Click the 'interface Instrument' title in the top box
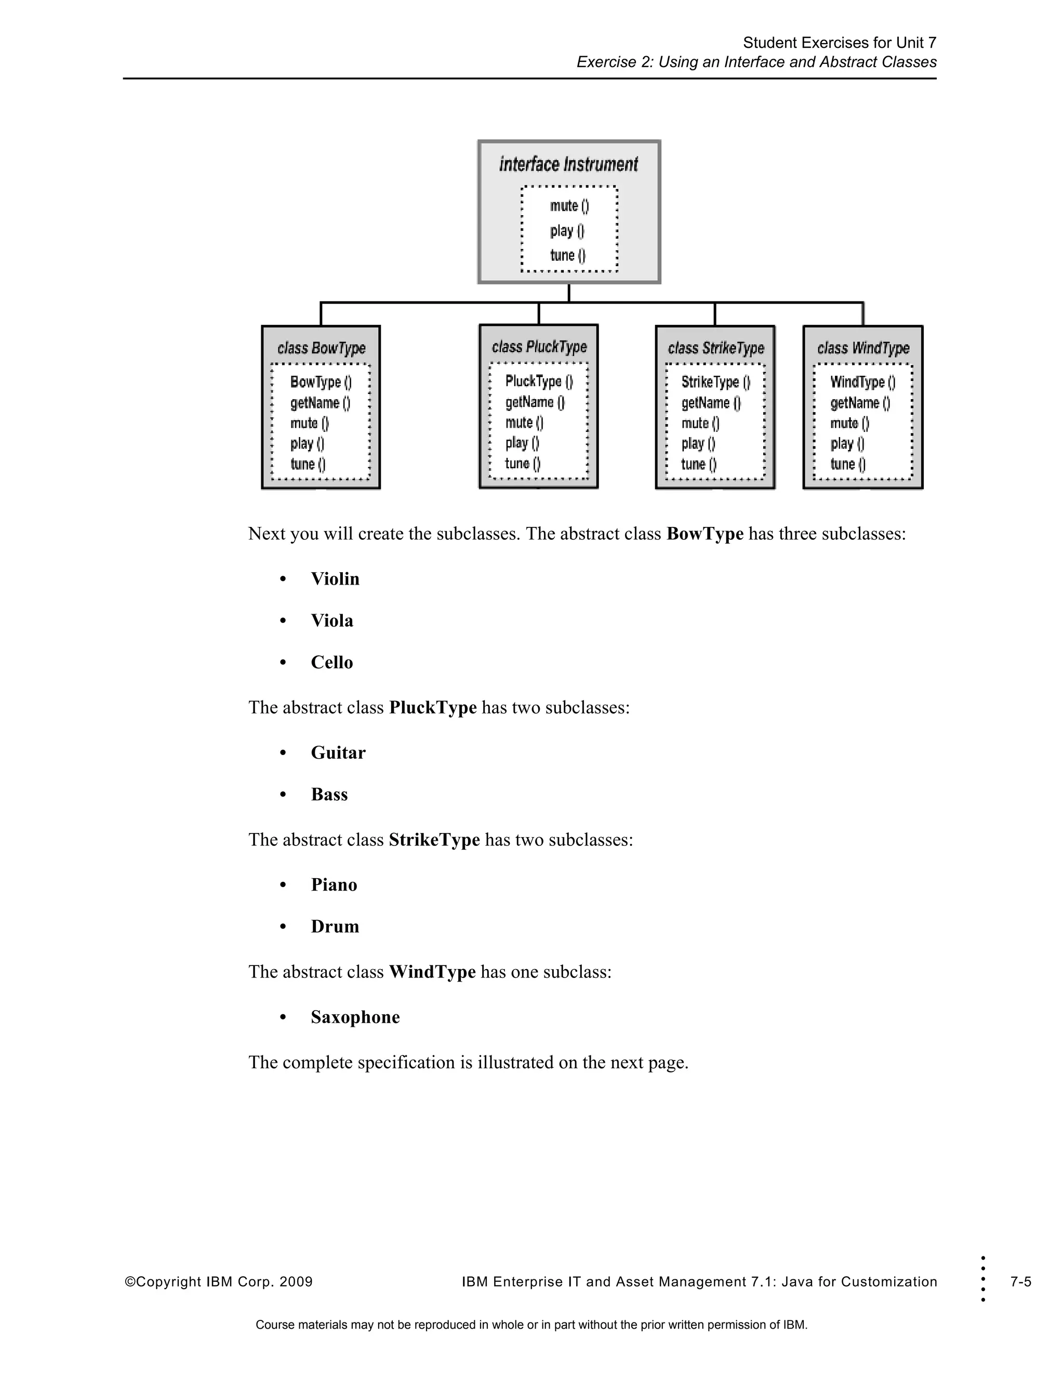(568, 165)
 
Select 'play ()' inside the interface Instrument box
(567, 231)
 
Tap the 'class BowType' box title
(321, 348)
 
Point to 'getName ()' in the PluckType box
(535, 402)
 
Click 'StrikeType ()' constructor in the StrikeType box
(715, 382)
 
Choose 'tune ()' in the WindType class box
(847, 464)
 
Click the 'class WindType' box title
(863, 348)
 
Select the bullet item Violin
(335, 579)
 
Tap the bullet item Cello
(331, 662)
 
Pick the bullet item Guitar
(338, 753)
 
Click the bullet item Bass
(329, 795)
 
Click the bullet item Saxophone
(355, 1017)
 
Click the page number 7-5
(1020, 1282)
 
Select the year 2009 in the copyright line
(296, 1282)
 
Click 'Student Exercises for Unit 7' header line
(839, 43)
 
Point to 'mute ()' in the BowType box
(310, 423)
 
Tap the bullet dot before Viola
(283, 621)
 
